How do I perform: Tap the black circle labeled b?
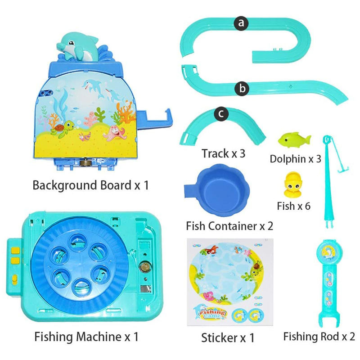[x=243, y=89]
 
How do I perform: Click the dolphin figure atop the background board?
[x=78, y=46]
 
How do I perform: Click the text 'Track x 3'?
[x=224, y=154]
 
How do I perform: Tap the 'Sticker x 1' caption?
[x=228, y=336]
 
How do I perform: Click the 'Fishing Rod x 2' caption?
[x=319, y=336]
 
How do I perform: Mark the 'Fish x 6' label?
[x=293, y=206]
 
